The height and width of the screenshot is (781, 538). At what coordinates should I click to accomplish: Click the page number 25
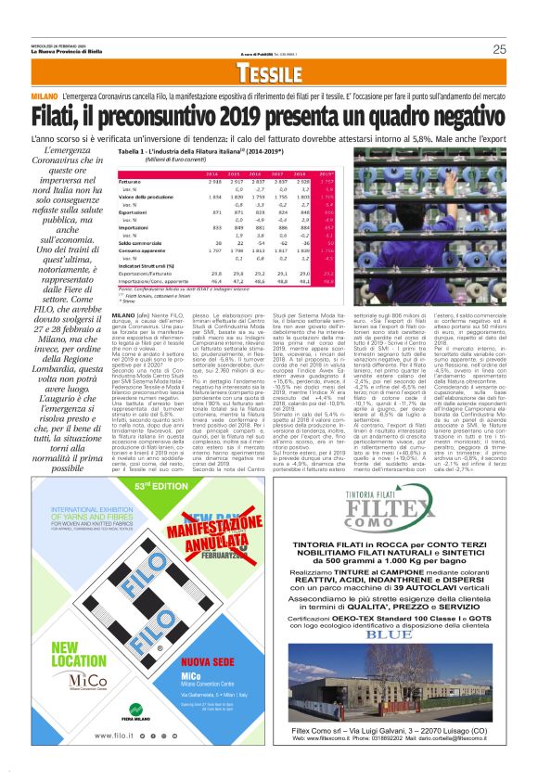(499, 49)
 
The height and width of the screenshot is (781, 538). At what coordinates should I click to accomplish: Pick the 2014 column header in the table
(211, 173)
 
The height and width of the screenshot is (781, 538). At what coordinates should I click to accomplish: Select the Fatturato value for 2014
(211, 181)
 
